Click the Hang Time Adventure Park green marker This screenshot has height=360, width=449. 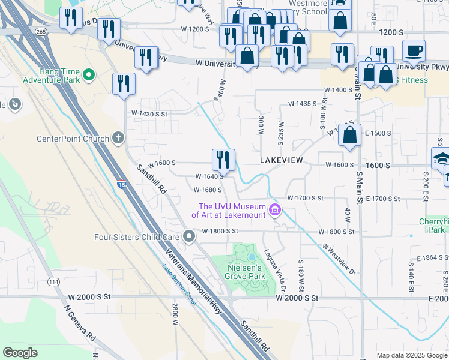[89, 75]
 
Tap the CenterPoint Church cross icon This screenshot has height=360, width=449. [118, 139]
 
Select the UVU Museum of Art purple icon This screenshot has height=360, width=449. [275, 210]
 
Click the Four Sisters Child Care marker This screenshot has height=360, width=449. [189, 237]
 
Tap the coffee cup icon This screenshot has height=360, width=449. [414, 50]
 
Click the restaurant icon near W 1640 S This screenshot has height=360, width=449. [223, 160]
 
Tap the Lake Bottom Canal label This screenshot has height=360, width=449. [179, 284]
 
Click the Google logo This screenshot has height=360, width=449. [20, 353]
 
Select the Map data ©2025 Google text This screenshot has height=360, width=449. [411, 355]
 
